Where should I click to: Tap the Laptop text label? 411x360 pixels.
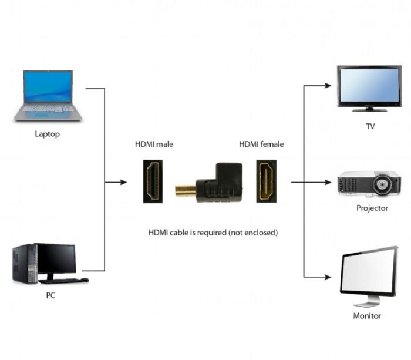[x=47, y=134]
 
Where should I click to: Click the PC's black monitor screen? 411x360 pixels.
[x=57, y=258]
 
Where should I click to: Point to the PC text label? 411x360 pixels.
[x=51, y=295]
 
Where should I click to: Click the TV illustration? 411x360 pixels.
[x=369, y=88]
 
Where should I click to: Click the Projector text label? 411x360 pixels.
[x=372, y=208]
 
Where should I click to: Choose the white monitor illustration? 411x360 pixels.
[x=368, y=275]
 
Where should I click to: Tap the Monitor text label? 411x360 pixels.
[x=367, y=316]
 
